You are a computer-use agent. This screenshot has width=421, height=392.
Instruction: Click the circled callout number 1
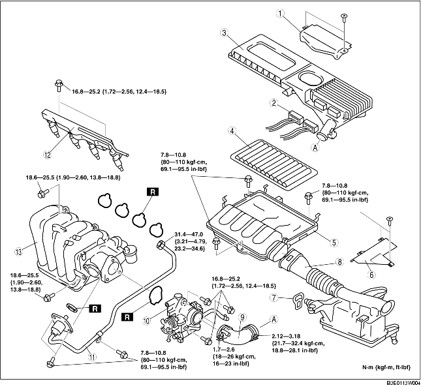(x=280, y=13)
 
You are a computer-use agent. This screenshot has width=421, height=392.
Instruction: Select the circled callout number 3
(x=225, y=33)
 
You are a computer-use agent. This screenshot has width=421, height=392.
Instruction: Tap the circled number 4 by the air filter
(x=232, y=131)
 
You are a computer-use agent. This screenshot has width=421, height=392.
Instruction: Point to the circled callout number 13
(x=19, y=251)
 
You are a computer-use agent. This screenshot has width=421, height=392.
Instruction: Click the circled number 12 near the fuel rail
(x=47, y=155)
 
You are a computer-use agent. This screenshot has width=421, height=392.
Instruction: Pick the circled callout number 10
(x=147, y=321)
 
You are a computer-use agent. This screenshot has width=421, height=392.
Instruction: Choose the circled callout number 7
(x=273, y=297)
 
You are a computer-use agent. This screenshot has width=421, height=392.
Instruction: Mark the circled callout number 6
(x=371, y=275)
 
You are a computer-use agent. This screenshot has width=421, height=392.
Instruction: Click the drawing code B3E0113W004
(x=403, y=383)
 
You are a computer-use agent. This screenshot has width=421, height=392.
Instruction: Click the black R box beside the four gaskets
(x=153, y=192)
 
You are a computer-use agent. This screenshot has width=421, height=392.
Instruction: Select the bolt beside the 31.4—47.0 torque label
(x=161, y=244)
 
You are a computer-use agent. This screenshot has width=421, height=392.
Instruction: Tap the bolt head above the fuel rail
(x=59, y=85)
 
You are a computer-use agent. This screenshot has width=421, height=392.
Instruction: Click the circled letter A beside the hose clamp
(x=273, y=320)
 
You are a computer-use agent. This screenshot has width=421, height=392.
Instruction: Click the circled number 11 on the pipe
(x=92, y=357)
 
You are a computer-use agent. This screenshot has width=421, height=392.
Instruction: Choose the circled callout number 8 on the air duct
(x=339, y=262)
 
